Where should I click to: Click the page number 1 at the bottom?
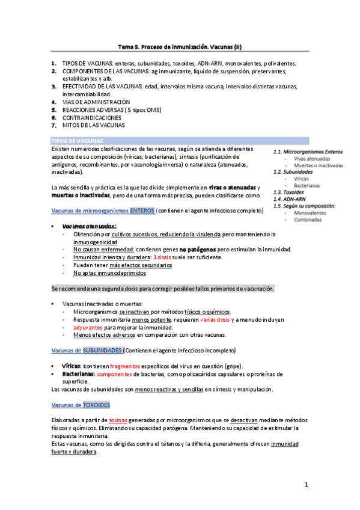306,484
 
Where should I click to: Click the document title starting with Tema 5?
180,46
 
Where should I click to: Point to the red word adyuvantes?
88,327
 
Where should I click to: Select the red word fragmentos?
125,366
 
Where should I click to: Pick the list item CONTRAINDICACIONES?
97,118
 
